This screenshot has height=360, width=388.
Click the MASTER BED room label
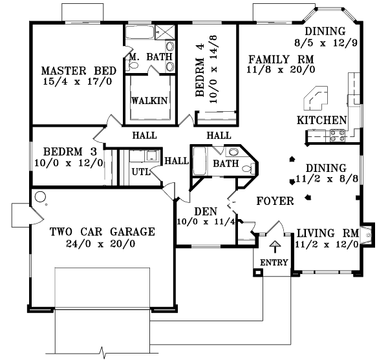[78, 70]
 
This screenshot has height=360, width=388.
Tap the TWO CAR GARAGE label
[101, 231]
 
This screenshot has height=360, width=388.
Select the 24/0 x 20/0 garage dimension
[100, 244]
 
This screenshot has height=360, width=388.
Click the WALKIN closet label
[149, 101]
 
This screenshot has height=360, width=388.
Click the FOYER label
[275, 201]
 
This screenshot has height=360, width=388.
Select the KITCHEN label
[321, 121]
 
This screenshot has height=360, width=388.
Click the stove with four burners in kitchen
[338, 135]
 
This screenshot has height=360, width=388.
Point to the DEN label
[206, 211]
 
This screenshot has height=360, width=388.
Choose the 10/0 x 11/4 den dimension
[206, 222]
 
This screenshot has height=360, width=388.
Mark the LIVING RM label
[327, 233]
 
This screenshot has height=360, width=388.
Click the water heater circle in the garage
[41, 197]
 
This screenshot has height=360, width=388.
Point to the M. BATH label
[151, 57]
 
